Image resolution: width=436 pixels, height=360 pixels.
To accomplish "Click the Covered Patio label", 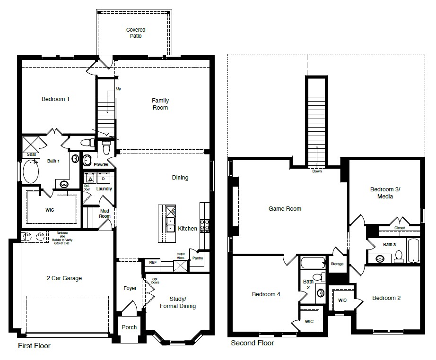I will click(x=135, y=33).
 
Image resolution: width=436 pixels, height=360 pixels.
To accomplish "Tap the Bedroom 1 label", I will click(x=56, y=99).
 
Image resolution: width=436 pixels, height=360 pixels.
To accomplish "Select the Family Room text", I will click(x=160, y=104).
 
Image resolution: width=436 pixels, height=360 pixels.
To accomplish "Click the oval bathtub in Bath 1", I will click(x=32, y=172).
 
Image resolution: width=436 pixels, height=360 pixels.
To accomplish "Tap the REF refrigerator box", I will click(x=153, y=262).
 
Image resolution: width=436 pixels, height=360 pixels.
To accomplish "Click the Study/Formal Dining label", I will click(x=183, y=302).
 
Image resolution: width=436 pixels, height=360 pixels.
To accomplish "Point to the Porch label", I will click(x=129, y=327).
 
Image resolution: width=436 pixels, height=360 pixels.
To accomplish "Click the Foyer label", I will click(x=130, y=288).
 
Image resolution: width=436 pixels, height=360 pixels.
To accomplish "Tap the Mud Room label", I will click(x=105, y=214).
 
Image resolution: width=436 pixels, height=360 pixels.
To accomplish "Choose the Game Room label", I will click(x=285, y=208).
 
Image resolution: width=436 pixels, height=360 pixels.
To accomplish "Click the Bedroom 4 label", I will click(x=266, y=294).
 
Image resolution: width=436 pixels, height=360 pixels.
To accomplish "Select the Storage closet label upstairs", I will click(x=337, y=264).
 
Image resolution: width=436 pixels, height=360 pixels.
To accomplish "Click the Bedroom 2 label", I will click(x=386, y=298).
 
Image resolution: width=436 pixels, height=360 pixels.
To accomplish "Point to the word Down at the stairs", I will click(x=317, y=171).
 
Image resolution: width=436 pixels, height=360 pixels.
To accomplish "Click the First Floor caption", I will click(x=34, y=346).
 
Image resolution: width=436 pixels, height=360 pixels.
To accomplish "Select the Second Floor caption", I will click(x=252, y=343).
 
